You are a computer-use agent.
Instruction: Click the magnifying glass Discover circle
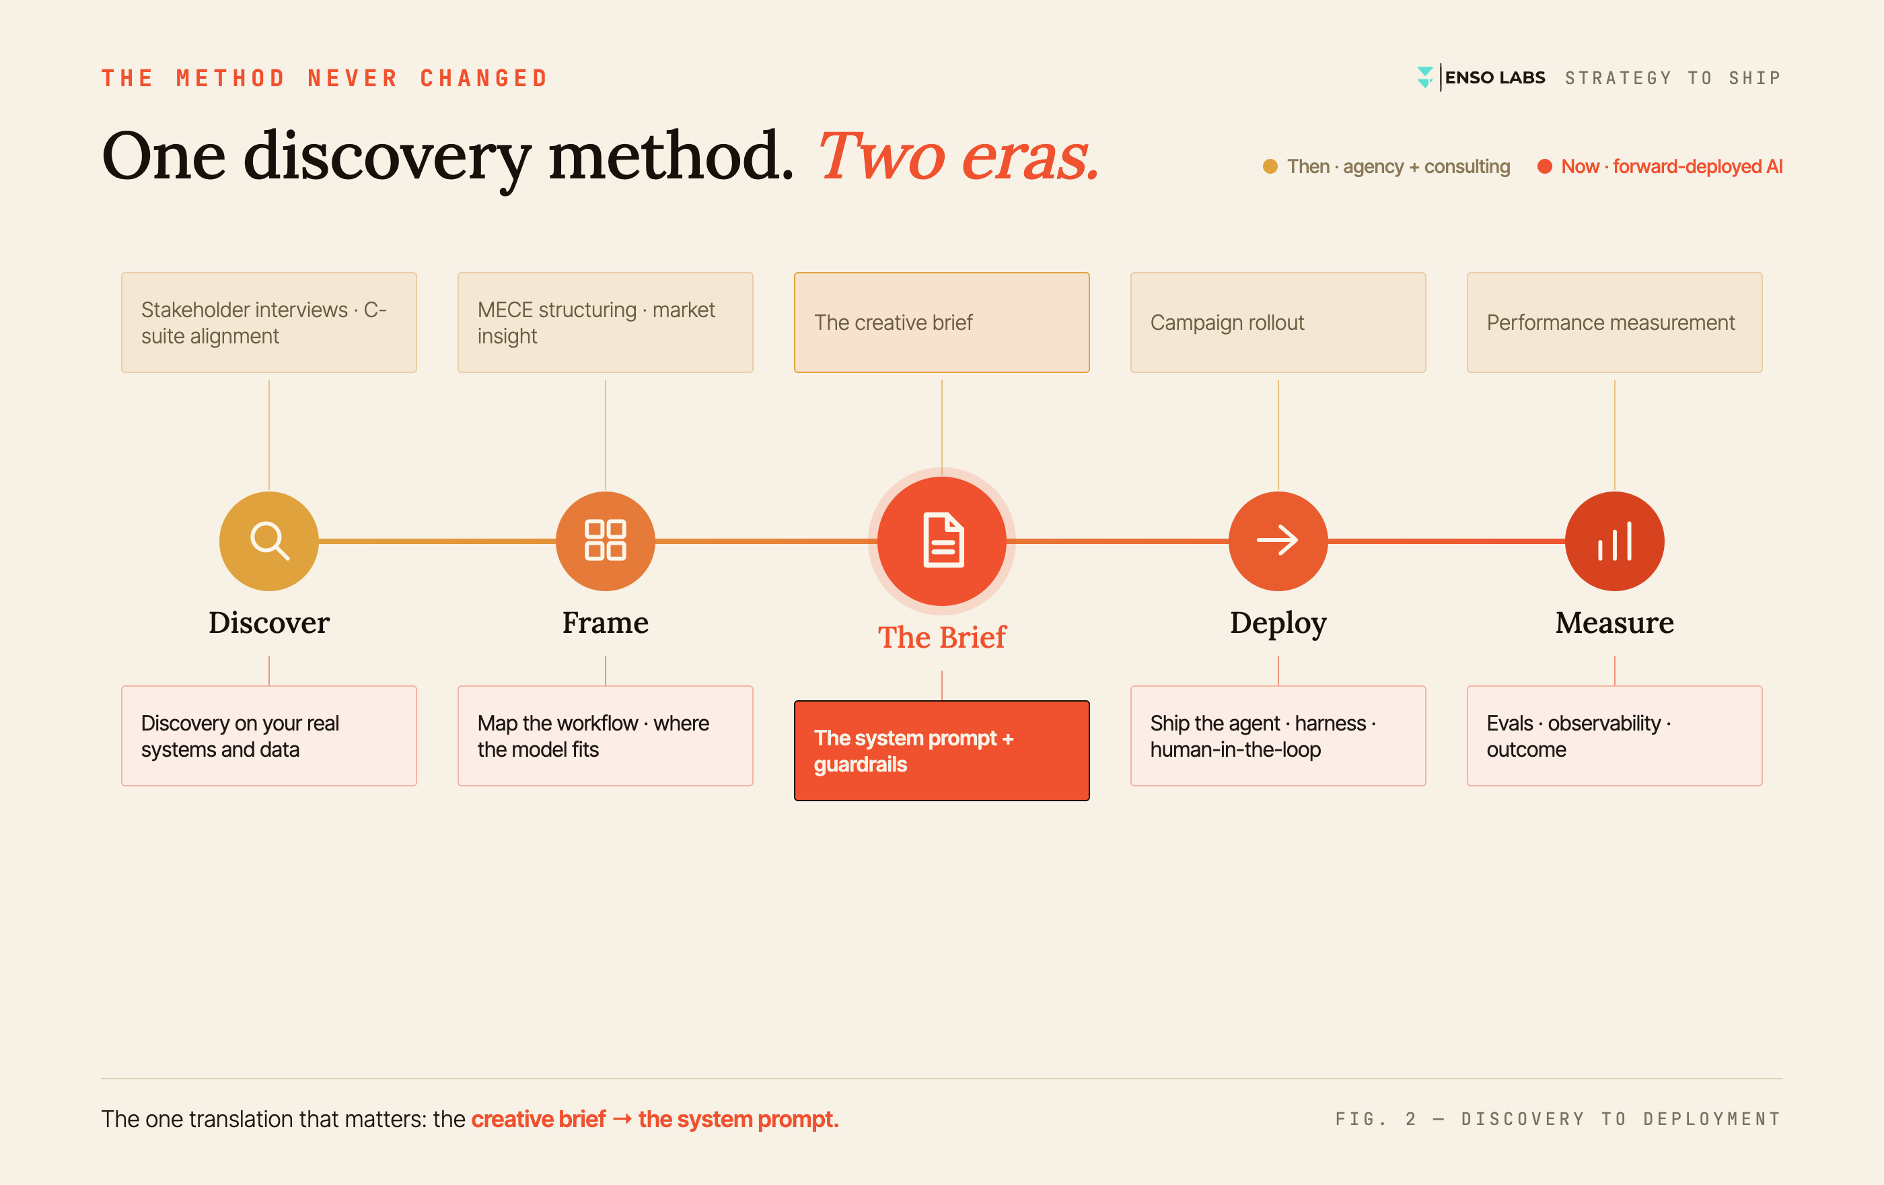[x=268, y=541]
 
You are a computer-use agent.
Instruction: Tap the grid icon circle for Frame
[x=605, y=541]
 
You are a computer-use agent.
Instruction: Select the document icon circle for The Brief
[x=941, y=541]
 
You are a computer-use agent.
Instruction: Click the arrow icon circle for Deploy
[x=1278, y=541]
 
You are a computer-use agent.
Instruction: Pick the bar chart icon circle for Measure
[x=1614, y=541]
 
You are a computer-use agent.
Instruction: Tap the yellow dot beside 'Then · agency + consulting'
[x=1270, y=167]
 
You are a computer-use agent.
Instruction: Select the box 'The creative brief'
[x=941, y=323]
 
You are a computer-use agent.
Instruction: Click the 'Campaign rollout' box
[x=1278, y=323]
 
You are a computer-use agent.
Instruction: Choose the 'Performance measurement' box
[x=1614, y=323]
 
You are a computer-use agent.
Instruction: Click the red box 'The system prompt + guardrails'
[x=941, y=751]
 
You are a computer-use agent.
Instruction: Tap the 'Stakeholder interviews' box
[x=268, y=323]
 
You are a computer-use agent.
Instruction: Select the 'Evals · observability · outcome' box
[x=1614, y=736]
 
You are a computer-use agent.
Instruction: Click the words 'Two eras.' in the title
[x=958, y=156]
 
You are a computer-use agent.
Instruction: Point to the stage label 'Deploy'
[x=1278, y=623]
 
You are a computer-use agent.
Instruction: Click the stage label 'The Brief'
[x=941, y=637]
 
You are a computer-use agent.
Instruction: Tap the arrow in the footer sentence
[x=622, y=1119]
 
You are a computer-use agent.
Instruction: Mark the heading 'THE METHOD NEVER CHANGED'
[x=325, y=78]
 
